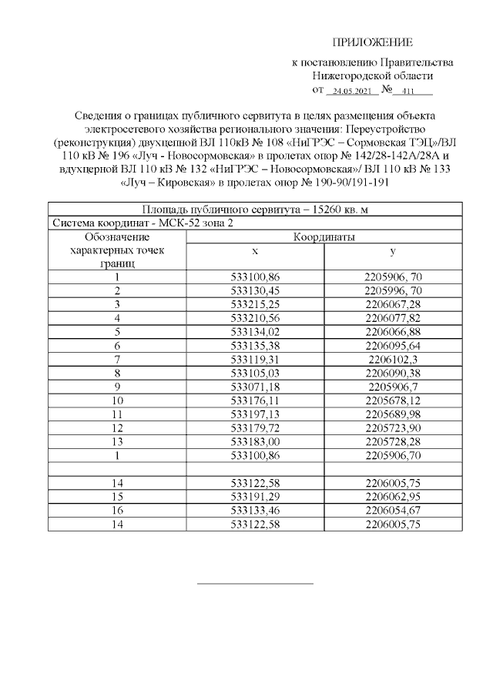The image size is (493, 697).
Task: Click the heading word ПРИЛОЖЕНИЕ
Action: pos(373,42)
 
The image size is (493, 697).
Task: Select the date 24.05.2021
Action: pos(351,92)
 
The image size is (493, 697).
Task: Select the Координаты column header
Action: pos(324,237)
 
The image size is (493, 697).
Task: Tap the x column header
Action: pos(255,251)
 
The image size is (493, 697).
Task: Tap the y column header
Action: pos(393,251)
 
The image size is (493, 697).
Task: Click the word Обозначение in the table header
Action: pos(116,237)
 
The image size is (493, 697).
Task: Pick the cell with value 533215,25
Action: pos(255,304)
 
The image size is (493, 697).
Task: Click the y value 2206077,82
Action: pos(393,317)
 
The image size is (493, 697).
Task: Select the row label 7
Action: pos(116,358)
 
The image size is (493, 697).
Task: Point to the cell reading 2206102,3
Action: pos(393,358)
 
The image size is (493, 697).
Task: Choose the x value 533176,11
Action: pos(255,400)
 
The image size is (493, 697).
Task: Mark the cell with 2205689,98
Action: pos(393,414)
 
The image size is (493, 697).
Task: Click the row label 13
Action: pos(116,441)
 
